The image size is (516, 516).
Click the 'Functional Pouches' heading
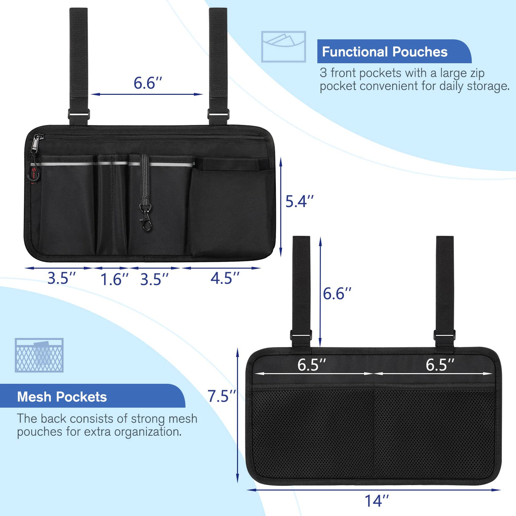click(x=385, y=52)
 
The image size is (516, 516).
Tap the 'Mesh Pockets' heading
click(x=62, y=397)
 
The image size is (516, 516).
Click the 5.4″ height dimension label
click(x=299, y=201)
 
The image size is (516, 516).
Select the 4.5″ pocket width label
click(x=225, y=278)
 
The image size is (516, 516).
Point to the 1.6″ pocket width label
click(x=115, y=279)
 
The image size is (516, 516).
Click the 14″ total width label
click(x=377, y=500)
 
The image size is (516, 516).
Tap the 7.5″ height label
click(x=222, y=396)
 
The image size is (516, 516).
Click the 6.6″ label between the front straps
click(x=148, y=83)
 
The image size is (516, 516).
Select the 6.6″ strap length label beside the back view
click(x=337, y=293)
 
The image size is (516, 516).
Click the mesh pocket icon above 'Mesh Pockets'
click(x=39, y=355)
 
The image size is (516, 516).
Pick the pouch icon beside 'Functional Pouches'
click(x=284, y=47)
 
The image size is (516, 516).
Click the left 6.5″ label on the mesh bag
click(x=312, y=364)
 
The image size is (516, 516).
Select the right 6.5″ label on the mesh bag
click(x=440, y=364)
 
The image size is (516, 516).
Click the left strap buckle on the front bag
click(x=79, y=114)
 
